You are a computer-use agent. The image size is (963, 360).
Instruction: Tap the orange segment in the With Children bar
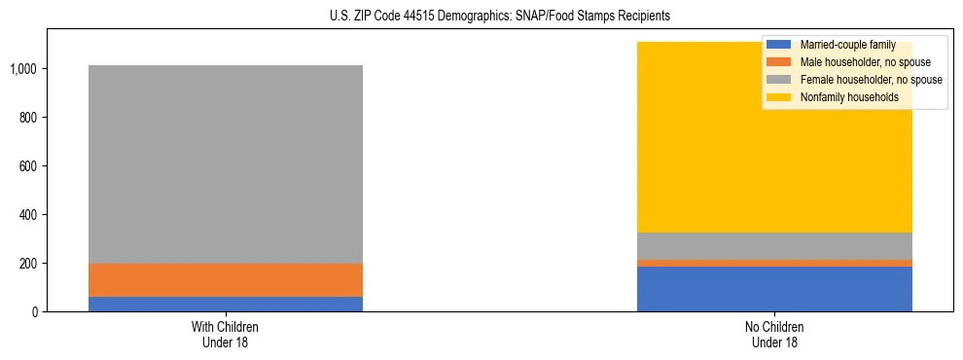click(225, 280)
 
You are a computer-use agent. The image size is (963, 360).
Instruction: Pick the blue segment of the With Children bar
click(225, 304)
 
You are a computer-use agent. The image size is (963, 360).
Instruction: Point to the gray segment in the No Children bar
click(774, 245)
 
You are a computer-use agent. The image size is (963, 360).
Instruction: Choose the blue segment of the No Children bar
click(774, 289)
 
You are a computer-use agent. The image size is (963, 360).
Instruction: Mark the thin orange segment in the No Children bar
click(774, 263)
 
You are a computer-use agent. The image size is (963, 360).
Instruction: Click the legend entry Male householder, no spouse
click(862, 62)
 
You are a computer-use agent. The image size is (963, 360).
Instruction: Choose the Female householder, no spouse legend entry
click(871, 80)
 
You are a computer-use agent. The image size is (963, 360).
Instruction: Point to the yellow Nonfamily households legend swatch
click(780, 97)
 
